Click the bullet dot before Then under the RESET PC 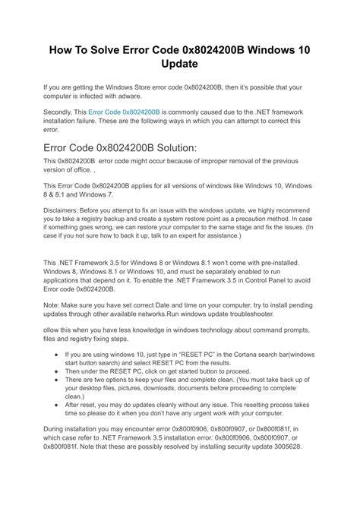(58, 371)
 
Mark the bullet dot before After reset (58, 405)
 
